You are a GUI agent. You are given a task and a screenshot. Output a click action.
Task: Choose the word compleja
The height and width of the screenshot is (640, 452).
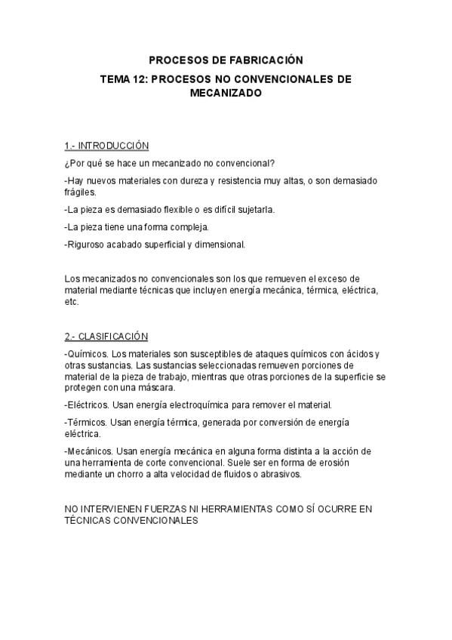pyautogui.click(x=186, y=226)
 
